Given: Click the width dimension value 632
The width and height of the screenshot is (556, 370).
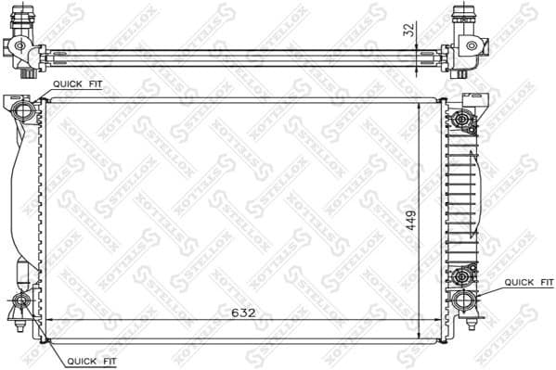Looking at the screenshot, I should coord(243,313).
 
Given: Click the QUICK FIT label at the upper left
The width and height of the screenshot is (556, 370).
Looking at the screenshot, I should coord(77,83).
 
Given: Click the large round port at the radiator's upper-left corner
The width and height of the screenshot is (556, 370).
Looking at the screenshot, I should coord(25,111).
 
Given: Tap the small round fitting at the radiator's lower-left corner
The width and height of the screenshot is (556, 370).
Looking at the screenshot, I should coord(21,300).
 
